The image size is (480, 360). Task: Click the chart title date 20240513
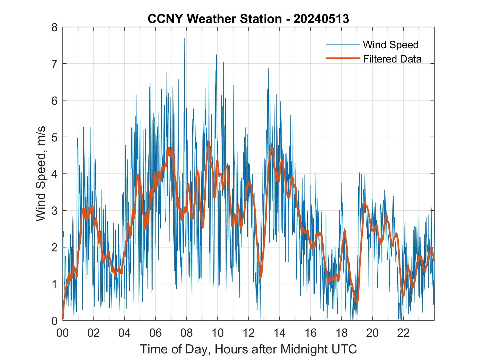pyautogui.click(x=321, y=19)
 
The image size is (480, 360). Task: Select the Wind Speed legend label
pyautogui.click(x=391, y=45)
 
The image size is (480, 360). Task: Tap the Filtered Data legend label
pyautogui.click(x=392, y=59)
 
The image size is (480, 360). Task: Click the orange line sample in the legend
pyautogui.click(x=343, y=58)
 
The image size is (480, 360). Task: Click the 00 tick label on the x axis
pyautogui.click(x=63, y=333)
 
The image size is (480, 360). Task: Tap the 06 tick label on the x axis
pyautogui.click(x=156, y=333)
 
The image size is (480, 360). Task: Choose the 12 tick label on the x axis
pyautogui.click(x=249, y=333)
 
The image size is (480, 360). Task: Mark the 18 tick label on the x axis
pyautogui.click(x=341, y=333)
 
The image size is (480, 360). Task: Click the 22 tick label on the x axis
pyautogui.click(x=403, y=333)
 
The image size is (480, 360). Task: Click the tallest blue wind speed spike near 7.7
pyautogui.click(x=185, y=38)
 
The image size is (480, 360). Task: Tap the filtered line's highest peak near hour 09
pyautogui.click(x=209, y=142)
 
